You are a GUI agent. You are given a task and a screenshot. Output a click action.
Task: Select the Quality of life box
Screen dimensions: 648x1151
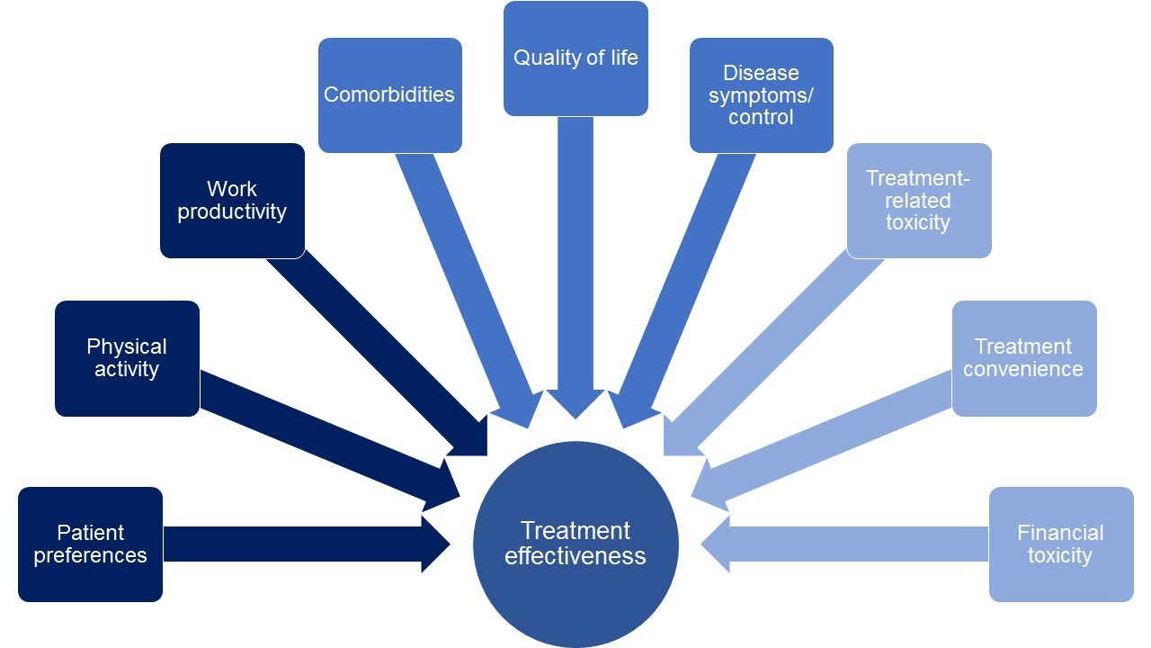coord(575,58)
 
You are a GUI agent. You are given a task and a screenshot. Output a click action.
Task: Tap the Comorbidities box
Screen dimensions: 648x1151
coord(389,94)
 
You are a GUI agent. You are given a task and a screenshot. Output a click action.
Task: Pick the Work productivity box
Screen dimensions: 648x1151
coord(232,200)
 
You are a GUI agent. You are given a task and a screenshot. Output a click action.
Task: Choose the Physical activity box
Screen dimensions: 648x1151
coord(127,358)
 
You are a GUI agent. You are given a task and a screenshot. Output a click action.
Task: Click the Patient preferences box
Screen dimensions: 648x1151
coord(90,544)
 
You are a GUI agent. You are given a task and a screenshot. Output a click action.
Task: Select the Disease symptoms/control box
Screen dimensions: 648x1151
coord(761,94)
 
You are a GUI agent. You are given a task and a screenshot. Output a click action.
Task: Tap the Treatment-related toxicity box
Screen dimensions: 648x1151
coord(918,200)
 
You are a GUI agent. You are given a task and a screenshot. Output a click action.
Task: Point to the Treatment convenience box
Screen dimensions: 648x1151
coord(1023,358)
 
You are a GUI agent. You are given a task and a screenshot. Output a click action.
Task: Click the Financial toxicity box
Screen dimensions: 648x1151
coord(1060,544)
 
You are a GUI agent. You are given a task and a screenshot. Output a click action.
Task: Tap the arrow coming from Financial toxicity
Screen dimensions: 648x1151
coord(854,544)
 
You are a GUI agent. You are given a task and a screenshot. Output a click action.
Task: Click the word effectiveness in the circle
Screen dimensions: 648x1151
coord(575,556)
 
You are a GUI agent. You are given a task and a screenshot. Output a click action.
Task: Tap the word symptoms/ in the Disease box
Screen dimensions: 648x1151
coord(761,94)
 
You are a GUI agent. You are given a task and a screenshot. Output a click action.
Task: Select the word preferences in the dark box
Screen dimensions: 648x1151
coord(90,555)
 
